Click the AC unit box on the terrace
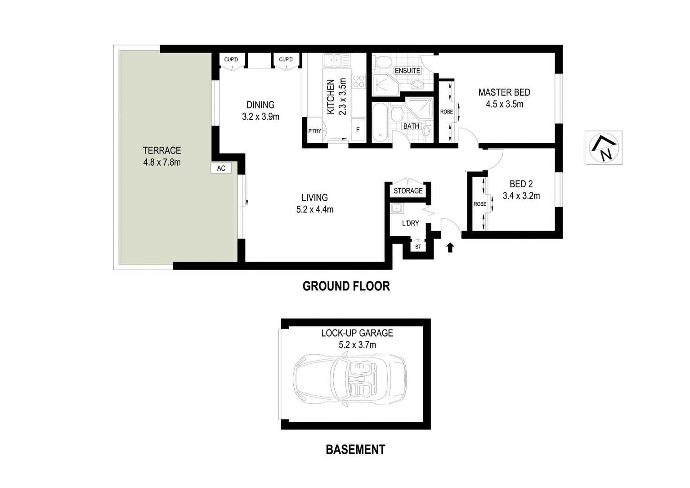[x=221, y=168]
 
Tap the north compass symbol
[x=604, y=148]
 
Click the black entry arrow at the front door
[x=450, y=247]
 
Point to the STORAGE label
[x=408, y=191]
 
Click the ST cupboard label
[x=418, y=247]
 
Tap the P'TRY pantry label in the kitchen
[x=314, y=131]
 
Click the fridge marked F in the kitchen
[x=358, y=130]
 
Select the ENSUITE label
[x=407, y=71]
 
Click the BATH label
[x=411, y=127]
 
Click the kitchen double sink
[x=336, y=60]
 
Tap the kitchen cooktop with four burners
[x=358, y=81]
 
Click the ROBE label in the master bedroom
[x=446, y=112]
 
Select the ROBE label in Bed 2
[x=479, y=204]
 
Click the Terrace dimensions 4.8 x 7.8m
[x=162, y=163]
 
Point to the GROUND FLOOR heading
[x=346, y=286]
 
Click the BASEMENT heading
[x=355, y=450]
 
